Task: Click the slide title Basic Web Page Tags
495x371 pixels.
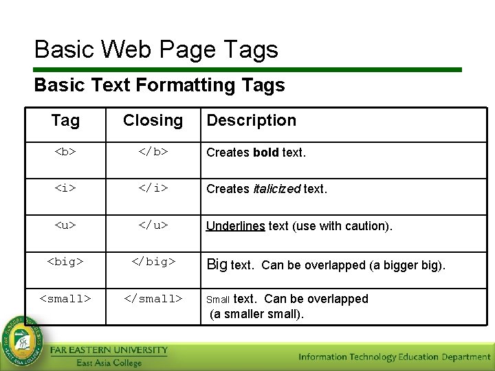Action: coord(156,49)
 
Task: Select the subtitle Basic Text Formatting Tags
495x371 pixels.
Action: coord(159,85)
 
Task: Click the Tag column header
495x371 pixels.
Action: coord(65,121)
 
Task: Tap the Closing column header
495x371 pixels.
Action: coord(153,121)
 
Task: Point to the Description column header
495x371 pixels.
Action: coord(251,121)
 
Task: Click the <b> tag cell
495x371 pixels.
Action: coord(65,153)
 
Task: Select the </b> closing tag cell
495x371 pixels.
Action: coord(153,153)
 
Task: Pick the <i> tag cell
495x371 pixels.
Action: coord(65,188)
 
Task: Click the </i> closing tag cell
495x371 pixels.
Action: coord(153,188)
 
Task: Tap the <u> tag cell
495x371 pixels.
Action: coord(65,225)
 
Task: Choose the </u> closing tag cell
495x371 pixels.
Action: coord(153,225)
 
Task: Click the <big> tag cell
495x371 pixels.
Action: coord(65,262)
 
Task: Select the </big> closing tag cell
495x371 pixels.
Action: coord(153,262)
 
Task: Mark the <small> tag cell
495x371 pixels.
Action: coord(65,298)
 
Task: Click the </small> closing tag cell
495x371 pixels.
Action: coord(153,298)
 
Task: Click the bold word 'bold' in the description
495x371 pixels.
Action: coord(266,153)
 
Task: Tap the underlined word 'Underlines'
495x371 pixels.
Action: coord(235,226)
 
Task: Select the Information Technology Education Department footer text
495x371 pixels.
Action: coord(394,357)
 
